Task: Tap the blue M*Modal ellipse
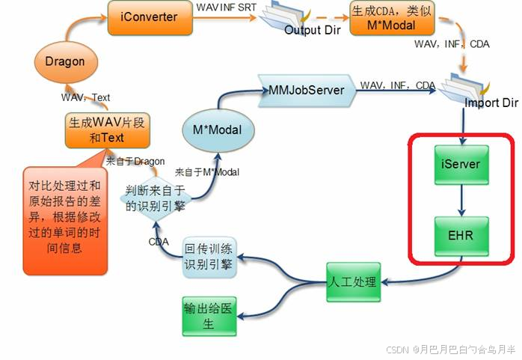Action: tap(218, 130)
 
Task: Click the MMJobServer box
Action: tap(307, 90)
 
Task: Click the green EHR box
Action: tap(461, 234)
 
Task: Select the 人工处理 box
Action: tap(354, 283)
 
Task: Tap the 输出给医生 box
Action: tap(209, 316)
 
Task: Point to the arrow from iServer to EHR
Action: tap(461, 200)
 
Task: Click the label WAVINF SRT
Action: tap(221, 7)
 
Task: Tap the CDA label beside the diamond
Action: tap(158, 242)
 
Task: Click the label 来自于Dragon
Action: tap(135, 160)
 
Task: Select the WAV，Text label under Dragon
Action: tap(85, 97)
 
